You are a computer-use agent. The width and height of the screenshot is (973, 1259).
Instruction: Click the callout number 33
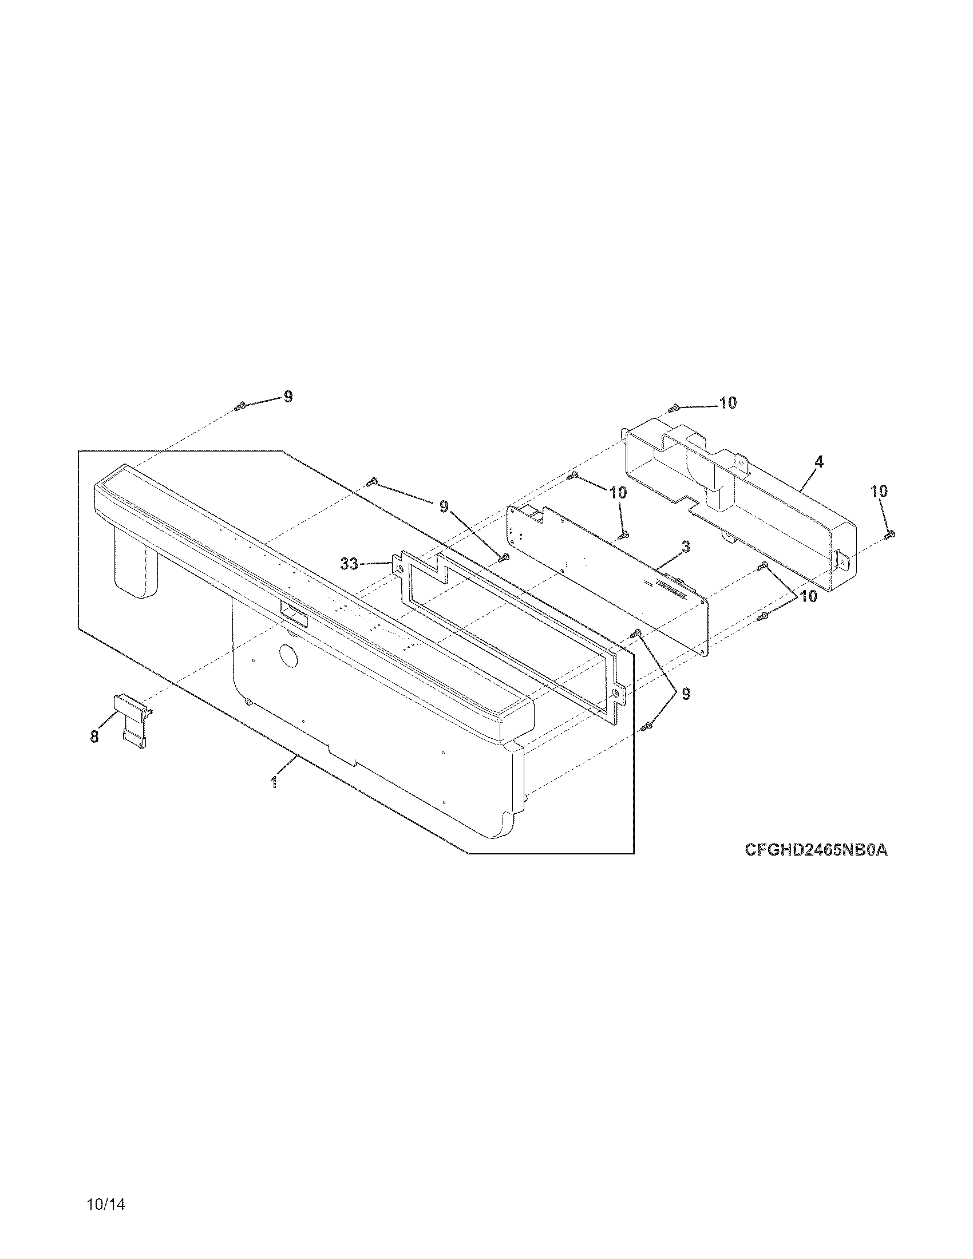[349, 564]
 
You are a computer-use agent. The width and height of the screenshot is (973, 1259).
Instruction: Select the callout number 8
[94, 737]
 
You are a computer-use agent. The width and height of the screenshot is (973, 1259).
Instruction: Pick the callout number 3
[686, 547]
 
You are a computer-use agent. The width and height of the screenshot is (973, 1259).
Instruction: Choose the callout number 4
[819, 462]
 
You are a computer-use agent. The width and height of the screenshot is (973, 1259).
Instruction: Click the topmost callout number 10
[728, 403]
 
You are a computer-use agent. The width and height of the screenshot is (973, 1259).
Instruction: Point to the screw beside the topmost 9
[240, 406]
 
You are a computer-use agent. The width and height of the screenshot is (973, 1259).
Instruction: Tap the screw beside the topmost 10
[673, 409]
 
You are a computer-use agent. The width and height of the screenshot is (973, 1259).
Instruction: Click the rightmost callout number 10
[879, 491]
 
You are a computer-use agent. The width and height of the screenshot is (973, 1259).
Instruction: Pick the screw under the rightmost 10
[889, 535]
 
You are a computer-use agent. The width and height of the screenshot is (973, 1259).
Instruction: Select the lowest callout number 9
[686, 694]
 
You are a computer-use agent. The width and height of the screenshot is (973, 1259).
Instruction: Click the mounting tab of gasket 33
[398, 565]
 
